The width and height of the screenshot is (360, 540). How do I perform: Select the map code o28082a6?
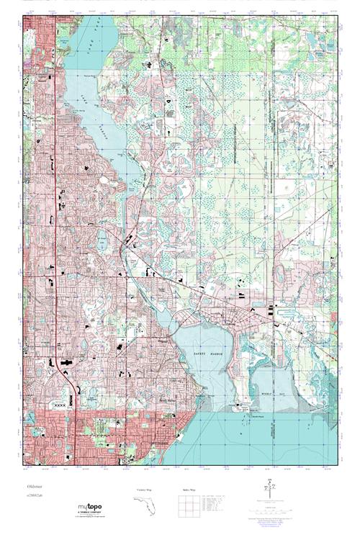point(34,496)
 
